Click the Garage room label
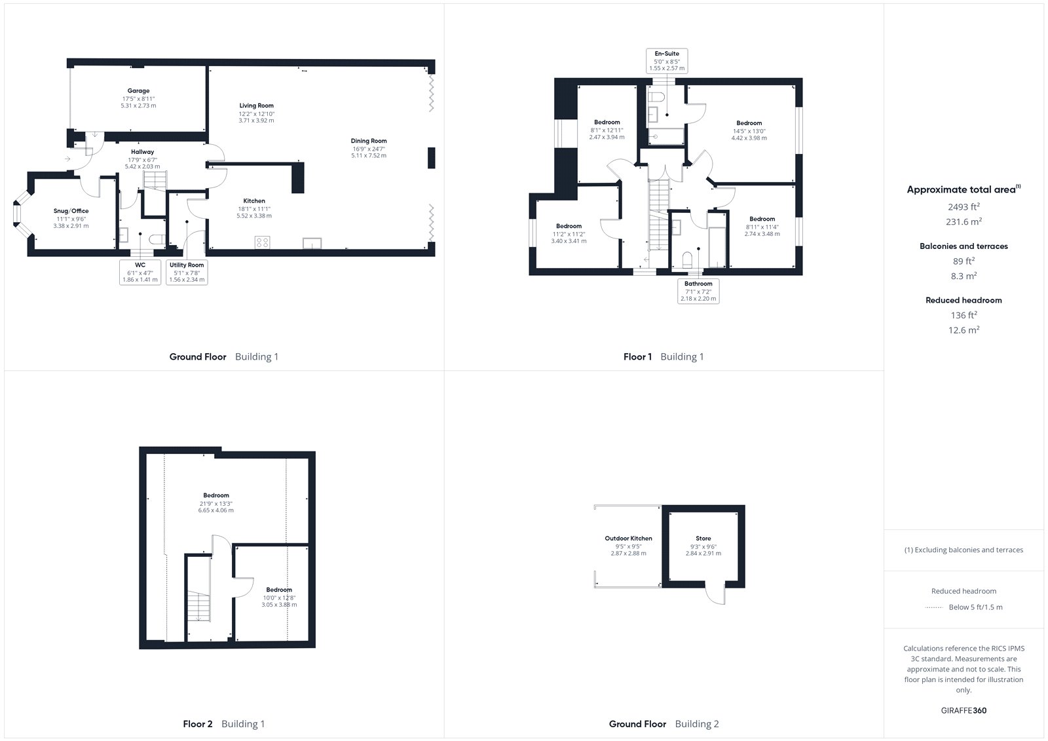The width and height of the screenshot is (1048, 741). click(138, 91)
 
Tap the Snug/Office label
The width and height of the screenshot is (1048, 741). click(71, 211)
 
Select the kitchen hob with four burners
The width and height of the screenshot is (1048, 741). click(263, 242)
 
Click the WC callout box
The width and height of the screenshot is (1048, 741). click(140, 272)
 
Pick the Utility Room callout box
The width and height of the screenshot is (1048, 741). click(187, 272)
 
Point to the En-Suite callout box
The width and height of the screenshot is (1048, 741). click(667, 61)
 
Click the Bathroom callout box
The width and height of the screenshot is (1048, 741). click(698, 291)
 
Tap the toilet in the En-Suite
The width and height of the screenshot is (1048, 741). click(657, 98)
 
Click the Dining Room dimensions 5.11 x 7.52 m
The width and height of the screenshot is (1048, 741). click(369, 155)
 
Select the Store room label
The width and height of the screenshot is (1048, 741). click(703, 539)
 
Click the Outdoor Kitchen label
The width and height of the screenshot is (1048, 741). click(628, 539)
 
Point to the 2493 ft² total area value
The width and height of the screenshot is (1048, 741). click(964, 206)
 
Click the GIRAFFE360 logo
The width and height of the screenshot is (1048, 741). click(964, 710)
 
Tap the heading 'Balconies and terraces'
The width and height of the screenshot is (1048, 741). click(964, 246)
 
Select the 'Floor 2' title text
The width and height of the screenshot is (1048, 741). click(197, 724)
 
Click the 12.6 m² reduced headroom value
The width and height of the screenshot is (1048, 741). click(964, 330)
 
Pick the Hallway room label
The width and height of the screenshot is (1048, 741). click(142, 151)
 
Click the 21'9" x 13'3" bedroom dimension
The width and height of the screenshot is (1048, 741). click(215, 504)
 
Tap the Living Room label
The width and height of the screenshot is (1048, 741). click(256, 105)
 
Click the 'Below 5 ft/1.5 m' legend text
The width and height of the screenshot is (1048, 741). click(975, 607)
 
